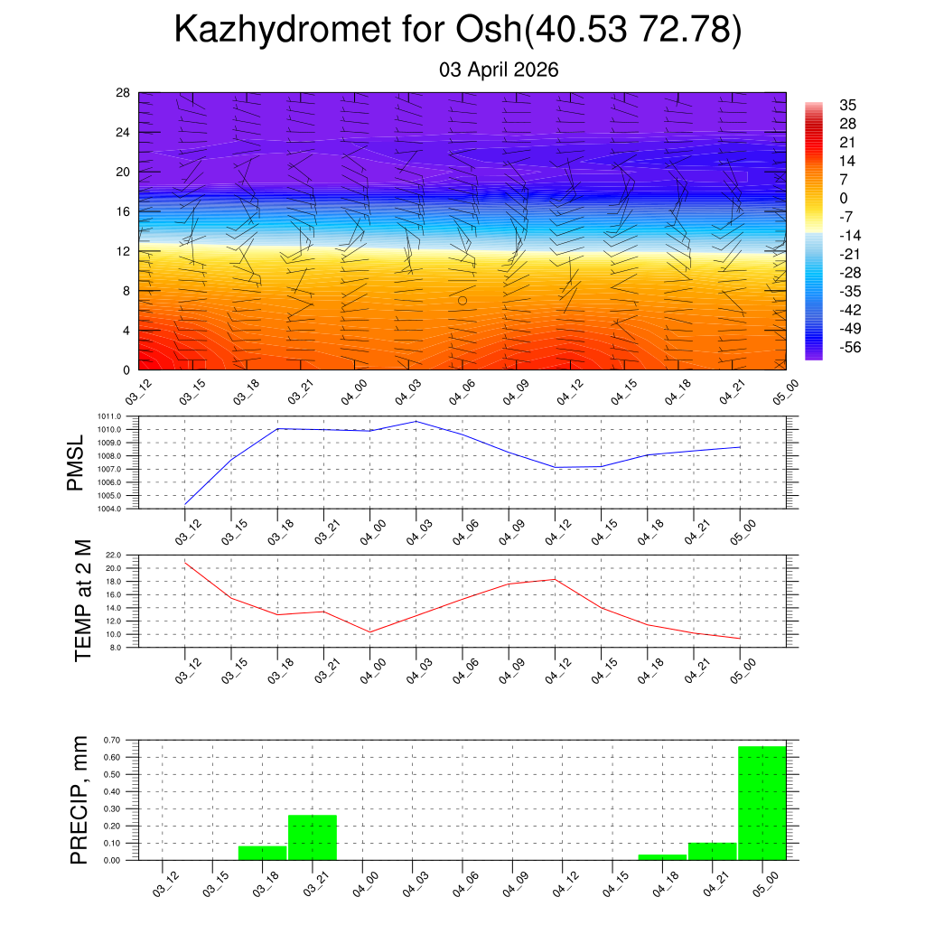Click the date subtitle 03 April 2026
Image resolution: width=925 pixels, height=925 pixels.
499,70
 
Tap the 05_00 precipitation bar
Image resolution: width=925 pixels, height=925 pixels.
762,803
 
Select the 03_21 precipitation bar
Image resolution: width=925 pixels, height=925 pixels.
313,837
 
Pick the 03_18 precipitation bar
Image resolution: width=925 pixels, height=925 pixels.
263,853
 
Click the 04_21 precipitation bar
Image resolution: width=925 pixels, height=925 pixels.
712,851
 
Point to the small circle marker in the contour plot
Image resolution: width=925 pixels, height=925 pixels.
462,301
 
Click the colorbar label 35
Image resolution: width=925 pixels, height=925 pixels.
847,105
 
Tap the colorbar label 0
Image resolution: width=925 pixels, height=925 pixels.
844,199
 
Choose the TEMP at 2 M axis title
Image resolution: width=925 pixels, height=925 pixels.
84,601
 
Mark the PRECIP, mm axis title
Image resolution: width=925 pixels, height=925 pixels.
80,800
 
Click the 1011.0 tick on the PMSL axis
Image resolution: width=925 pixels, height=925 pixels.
110,416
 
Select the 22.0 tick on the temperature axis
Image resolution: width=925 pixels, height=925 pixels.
114,555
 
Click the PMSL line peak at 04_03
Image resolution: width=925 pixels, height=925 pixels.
416,421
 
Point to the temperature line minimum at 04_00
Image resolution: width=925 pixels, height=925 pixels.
369,631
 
